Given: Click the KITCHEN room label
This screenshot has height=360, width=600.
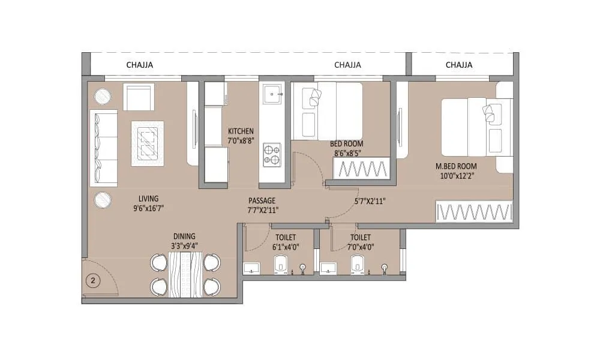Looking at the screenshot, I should click(241, 131).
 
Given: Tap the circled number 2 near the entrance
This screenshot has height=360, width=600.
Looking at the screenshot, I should click(93, 280).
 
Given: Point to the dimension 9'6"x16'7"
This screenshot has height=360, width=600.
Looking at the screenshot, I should click(148, 208).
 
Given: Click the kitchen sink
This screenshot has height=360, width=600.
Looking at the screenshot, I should click(272, 93).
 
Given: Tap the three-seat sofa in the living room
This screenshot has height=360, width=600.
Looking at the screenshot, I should click(104, 148).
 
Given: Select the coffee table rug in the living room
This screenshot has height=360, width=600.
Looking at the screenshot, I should click(148, 143).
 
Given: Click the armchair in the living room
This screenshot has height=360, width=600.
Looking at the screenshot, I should click(139, 97).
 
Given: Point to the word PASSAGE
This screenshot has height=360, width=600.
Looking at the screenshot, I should click(262, 200).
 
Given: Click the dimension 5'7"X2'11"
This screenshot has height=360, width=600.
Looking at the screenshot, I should click(370, 201).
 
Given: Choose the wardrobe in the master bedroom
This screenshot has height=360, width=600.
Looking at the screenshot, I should click(475, 212).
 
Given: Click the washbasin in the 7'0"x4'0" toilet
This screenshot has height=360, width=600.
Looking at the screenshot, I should click(328, 268).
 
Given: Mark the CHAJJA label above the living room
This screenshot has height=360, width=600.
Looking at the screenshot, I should click(139, 65).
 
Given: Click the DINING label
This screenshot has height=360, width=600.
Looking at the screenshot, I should click(185, 236).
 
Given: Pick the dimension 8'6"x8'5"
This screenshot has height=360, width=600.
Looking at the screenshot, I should click(346, 153).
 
